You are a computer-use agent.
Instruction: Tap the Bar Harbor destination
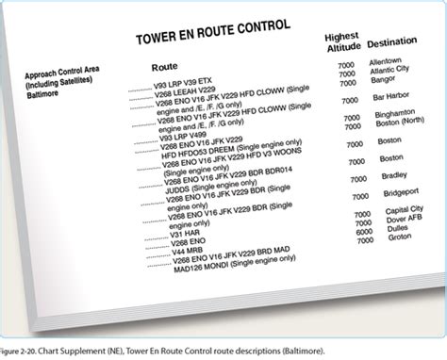(391, 97)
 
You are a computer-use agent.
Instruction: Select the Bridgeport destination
(394, 193)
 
